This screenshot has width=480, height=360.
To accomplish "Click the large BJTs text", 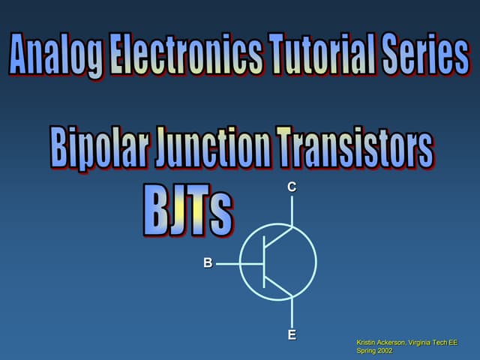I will [x=187, y=208].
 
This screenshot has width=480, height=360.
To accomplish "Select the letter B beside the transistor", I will [x=208, y=263].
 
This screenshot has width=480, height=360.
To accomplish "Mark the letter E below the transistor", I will [x=292, y=335].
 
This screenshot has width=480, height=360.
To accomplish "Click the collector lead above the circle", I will [x=292, y=211].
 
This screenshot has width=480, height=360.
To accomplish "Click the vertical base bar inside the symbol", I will [x=264, y=262].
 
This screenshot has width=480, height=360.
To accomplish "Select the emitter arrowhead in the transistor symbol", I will [x=287, y=294].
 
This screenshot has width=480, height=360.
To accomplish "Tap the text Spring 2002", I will [x=375, y=351].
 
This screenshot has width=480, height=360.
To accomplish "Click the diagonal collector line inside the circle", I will [x=277, y=239].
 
